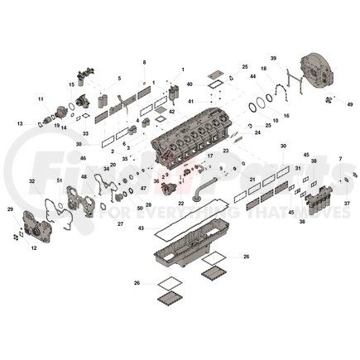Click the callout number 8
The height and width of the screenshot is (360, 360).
coord(144,62)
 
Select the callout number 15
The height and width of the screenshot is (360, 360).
coord(72,84)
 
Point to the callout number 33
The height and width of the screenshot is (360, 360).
coord(85,133)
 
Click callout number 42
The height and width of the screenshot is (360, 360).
coord(172,111)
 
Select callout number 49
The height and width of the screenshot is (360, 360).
coord(350,104)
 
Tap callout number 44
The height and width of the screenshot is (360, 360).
coord(251,77)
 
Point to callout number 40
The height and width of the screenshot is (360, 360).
coord(190,84)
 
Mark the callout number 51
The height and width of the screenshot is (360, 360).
coord(60,180)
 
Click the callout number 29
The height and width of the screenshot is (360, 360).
coord(10,209)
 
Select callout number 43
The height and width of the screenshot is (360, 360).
coord(141,228)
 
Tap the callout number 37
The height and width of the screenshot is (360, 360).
coord(348,203)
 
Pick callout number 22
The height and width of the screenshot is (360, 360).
coord(180,203)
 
